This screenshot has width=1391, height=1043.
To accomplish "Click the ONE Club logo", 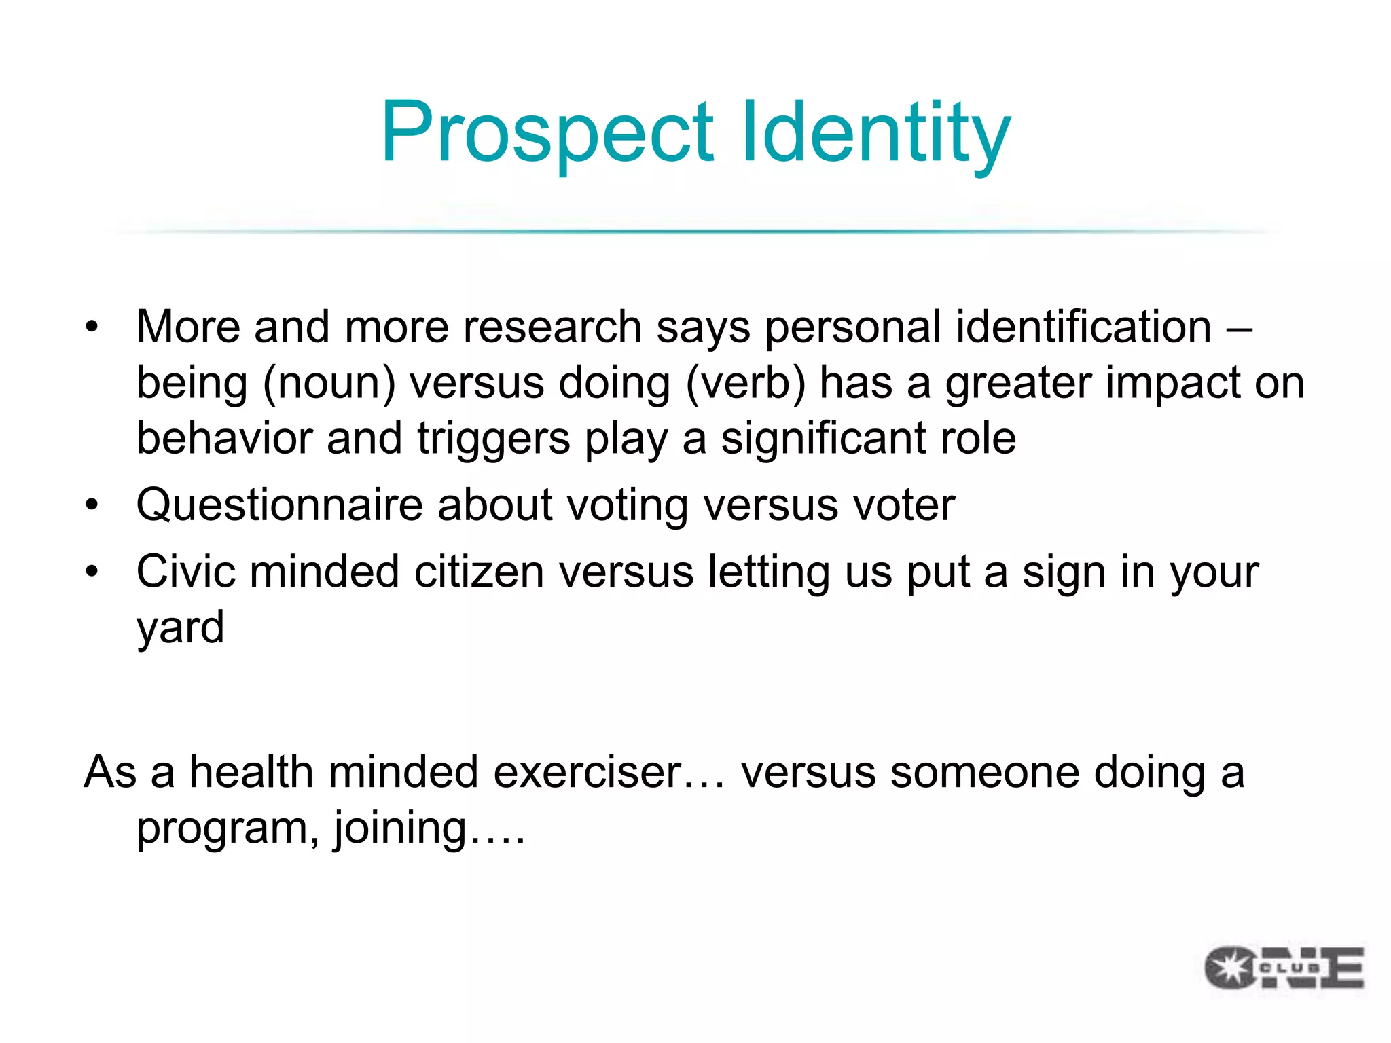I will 1284,967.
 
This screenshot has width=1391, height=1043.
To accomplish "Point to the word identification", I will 1084,327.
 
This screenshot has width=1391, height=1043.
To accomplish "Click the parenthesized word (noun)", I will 329,383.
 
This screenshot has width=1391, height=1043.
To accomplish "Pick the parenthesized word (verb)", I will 745,383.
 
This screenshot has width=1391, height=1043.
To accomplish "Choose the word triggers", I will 494,439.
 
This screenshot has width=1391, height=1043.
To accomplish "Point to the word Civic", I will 185,571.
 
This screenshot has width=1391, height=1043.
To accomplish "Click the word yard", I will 180,629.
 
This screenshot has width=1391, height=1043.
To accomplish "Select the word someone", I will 984,773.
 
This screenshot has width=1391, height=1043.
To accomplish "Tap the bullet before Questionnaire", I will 92,505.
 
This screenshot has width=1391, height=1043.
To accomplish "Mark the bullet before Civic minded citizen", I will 92,571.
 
